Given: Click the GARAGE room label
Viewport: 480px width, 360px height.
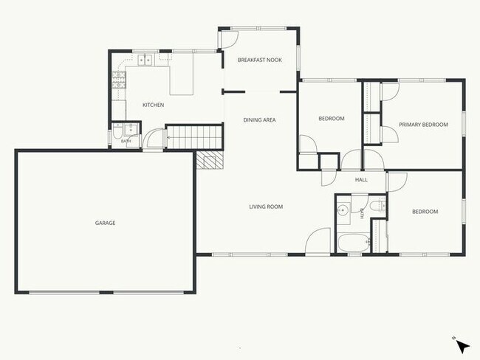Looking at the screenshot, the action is (105, 223).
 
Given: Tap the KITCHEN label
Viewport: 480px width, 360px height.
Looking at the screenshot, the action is (153, 105).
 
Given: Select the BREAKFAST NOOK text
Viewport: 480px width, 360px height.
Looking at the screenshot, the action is (260, 60).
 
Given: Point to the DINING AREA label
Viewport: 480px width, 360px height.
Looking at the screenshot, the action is (259, 120).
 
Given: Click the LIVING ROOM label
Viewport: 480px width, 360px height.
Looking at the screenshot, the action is (266, 207).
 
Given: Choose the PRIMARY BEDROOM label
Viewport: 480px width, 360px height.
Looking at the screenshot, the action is (423, 125).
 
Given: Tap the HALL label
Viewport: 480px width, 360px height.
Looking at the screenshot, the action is (361, 179).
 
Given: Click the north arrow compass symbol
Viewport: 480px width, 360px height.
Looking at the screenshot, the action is (462, 347).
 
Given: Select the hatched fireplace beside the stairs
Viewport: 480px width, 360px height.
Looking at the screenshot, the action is (210, 160).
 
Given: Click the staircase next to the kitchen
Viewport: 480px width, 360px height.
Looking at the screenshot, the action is (193, 136).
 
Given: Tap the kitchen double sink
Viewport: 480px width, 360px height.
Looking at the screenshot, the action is (145, 60).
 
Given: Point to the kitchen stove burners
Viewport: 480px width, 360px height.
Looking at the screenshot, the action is (118, 80).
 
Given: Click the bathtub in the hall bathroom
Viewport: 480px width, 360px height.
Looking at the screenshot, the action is (354, 243).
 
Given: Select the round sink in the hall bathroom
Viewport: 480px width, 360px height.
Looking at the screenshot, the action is (344, 210).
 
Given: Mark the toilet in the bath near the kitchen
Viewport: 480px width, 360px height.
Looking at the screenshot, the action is (117, 131).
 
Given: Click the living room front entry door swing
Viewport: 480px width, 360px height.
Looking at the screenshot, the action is (318, 240).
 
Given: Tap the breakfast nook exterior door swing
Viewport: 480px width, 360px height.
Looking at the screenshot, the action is (229, 40).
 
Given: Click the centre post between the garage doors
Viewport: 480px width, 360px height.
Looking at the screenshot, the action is (106, 292).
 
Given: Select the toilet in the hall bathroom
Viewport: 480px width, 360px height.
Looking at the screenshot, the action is (377, 206).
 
